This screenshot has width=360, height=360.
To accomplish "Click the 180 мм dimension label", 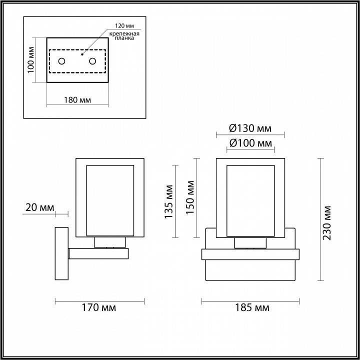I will (77, 99).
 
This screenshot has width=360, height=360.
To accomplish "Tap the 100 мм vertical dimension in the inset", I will (31, 60).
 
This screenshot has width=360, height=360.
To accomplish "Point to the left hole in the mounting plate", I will (61, 61).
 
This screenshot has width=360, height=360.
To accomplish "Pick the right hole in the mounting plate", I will (93, 61).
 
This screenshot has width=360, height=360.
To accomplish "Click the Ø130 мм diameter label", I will (250, 128).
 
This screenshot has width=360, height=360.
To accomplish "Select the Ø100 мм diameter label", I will (250, 143).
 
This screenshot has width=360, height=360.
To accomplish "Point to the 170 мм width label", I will (99, 307).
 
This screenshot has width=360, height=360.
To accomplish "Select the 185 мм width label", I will (250, 307).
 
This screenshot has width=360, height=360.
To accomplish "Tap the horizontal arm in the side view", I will (98, 253).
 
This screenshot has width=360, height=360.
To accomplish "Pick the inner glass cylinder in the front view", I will (250, 200).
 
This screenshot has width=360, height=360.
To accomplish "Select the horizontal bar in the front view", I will (250, 254).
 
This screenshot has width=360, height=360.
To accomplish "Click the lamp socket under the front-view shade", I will (250, 242).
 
